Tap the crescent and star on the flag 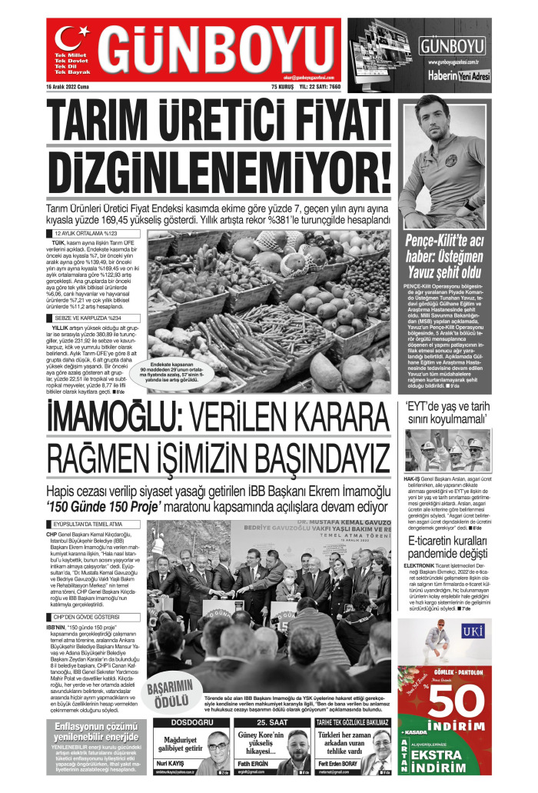71,39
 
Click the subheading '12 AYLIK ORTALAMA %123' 85,233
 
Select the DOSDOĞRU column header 191,723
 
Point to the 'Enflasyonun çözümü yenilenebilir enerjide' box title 96,731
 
